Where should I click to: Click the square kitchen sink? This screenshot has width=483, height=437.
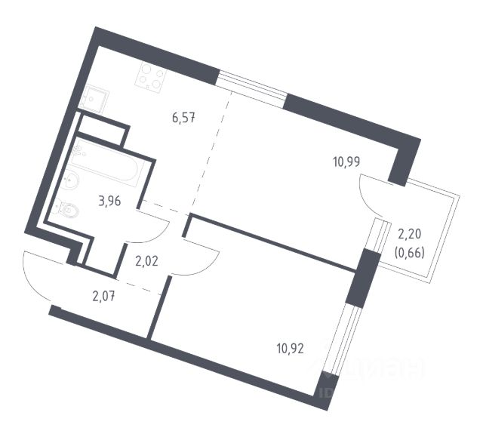(94, 99)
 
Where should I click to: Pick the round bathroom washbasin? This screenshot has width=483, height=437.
(72, 180)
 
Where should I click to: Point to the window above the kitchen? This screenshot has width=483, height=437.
(251, 86)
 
